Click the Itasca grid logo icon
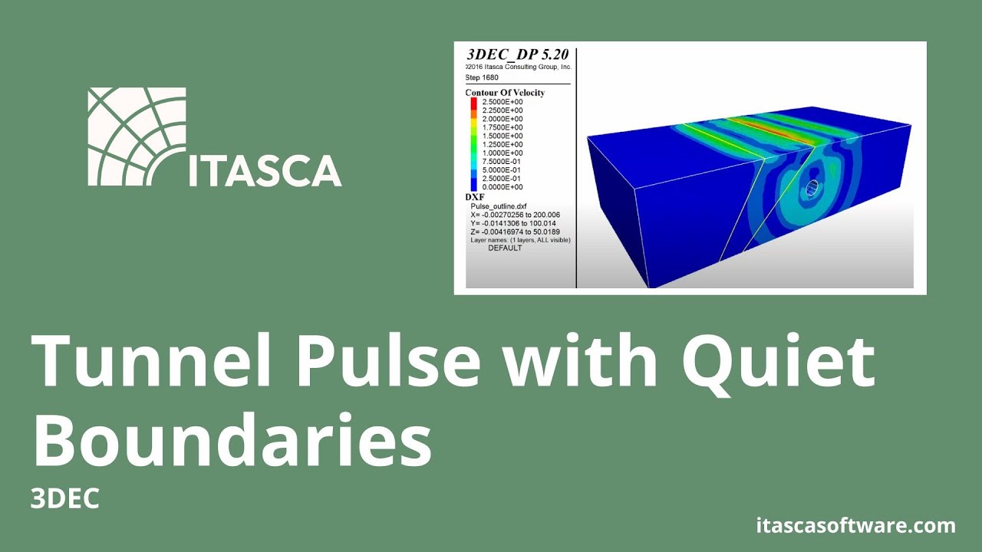click(137, 136)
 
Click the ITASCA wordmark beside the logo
click(265, 170)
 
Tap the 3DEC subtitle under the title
click(65, 499)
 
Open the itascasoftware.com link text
click(856, 526)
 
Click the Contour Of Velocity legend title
click(505, 93)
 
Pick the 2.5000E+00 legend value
click(503, 102)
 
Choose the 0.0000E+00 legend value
click(503, 187)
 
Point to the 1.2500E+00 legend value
click(503, 144)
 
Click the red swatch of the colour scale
click(473, 103)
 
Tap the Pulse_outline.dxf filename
click(499, 206)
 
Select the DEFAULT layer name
click(505, 248)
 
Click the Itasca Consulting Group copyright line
click(519, 67)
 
